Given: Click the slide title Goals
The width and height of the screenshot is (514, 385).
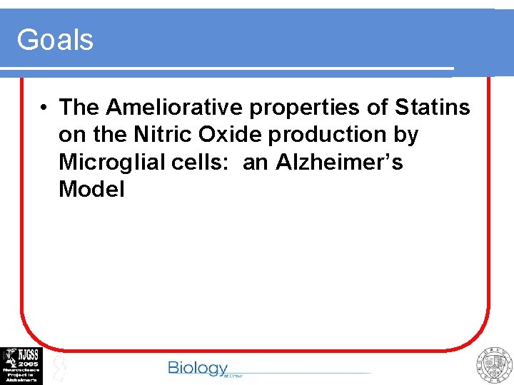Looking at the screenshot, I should click(55, 39).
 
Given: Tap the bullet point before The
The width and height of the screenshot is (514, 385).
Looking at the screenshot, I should click(44, 108).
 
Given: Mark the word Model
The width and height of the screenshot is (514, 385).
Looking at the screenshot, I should click(91, 190).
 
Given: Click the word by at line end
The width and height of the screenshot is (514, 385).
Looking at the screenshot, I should click(405, 135).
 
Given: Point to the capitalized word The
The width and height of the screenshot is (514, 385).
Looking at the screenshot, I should click(79, 107).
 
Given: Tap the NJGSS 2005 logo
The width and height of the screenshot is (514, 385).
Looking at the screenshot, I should click(21, 366).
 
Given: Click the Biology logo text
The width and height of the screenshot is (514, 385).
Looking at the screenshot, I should click(198, 368).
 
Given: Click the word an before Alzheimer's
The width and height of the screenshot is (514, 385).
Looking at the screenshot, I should click(255, 163).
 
